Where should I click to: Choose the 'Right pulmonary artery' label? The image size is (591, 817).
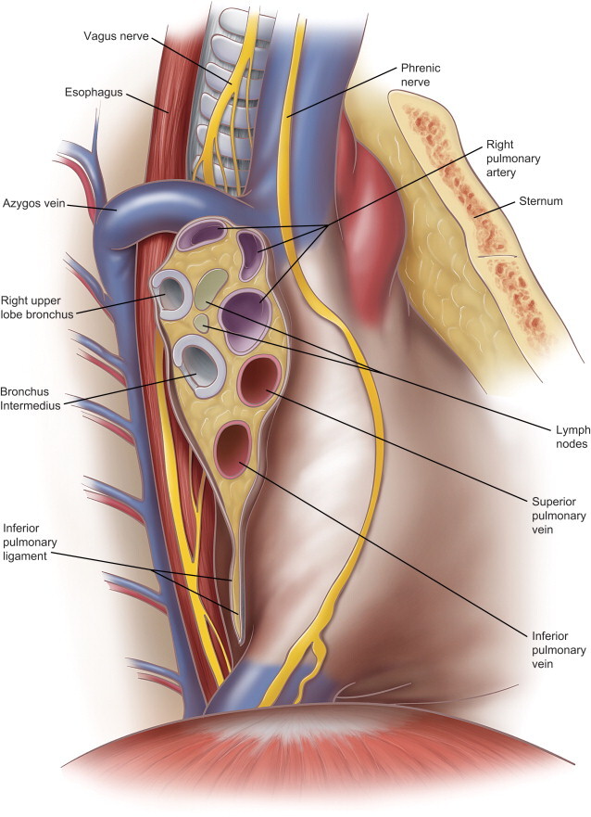coord(510,159)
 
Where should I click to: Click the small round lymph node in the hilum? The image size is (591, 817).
coord(200,323)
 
